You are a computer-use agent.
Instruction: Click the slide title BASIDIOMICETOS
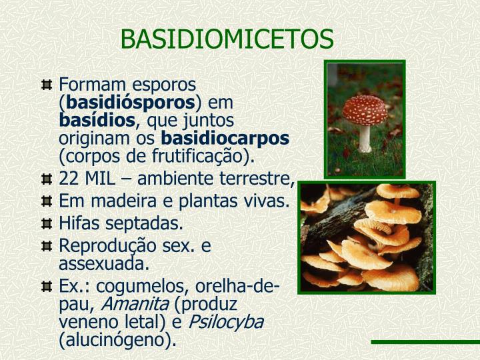(227, 39)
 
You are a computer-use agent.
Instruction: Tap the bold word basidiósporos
(128, 103)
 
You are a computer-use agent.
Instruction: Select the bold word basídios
(97, 121)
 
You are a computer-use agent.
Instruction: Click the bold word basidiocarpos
(226, 139)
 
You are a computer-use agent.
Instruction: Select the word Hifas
(78, 223)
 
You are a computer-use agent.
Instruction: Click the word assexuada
(104, 263)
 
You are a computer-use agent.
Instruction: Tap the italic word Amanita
(134, 305)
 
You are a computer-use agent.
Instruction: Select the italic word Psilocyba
(227, 323)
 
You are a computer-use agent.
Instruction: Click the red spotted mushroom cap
(365, 107)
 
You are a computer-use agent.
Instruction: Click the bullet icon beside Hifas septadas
(46, 223)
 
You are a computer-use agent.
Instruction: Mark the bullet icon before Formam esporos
(46, 85)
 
